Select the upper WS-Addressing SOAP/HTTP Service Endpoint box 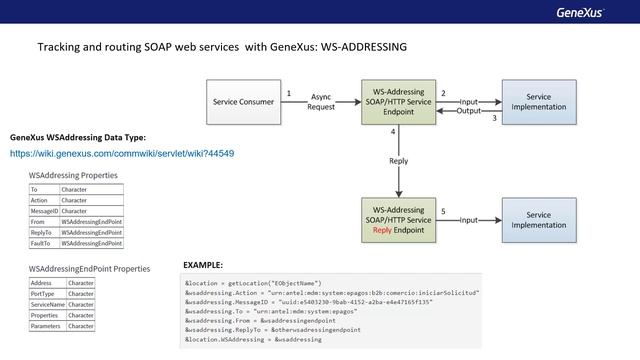pyautogui.click(x=399, y=102)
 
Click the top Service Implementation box pyautogui.click(x=538, y=102)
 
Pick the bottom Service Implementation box pyautogui.click(x=538, y=219)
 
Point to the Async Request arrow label pyautogui.click(x=322, y=102)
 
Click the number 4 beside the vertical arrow pyautogui.click(x=393, y=132)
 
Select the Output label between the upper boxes pyautogui.click(x=469, y=110)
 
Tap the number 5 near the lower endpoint pyautogui.click(x=443, y=211)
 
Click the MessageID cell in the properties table pyautogui.click(x=44, y=211)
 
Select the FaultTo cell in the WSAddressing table pyautogui.click(x=44, y=243)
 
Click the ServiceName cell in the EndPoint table pyautogui.click(x=47, y=305)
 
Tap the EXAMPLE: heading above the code pyautogui.click(x=203, y=265)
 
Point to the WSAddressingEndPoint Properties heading pyautogui.click(x=89, y=269)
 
